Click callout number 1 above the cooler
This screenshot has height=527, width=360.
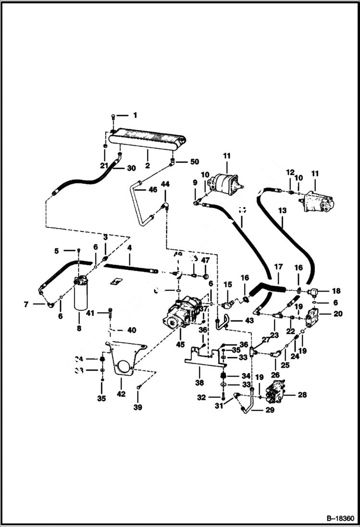coord(135,115)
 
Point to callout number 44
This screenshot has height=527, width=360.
coord(165,184)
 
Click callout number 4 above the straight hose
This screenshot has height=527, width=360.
coord(129,249)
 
